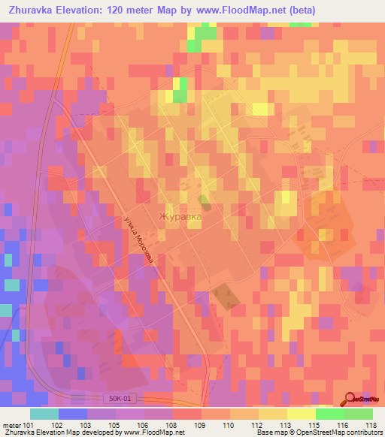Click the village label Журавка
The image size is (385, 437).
tap(180, 218)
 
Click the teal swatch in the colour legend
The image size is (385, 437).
tap(44, 414)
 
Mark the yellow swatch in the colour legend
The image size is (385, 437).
tap(300, 414)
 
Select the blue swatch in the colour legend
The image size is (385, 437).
tap(73, 414)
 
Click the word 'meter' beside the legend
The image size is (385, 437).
tap(11, 424)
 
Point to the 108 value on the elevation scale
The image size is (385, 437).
tap(171, 424)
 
